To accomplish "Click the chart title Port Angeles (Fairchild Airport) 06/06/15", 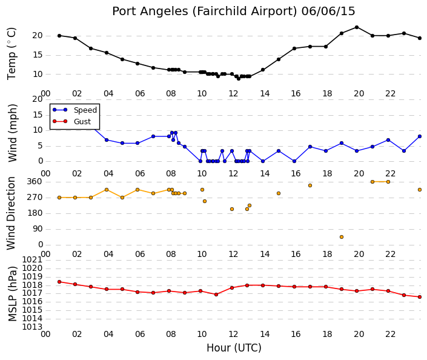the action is click(234, 12).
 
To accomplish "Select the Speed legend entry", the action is click(75, 110).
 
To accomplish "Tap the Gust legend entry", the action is click(71, 121).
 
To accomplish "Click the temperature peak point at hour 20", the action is click(357, 27).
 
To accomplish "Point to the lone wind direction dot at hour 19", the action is click(342, 237).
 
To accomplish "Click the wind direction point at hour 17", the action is click(310, 185).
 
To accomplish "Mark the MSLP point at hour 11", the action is click(216, 295).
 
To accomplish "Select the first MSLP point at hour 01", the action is click(59, 282).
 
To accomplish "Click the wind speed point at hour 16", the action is click(294, 161).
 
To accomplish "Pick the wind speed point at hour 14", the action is click(263, 161).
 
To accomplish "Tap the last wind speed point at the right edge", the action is click(420, 136).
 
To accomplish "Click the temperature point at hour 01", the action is click(59, 36).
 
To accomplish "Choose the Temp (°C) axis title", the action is click(12, 54).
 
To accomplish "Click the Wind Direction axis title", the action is click(11, 213).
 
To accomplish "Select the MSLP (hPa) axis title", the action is click(13, 293).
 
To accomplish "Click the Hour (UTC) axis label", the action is click(234, 348).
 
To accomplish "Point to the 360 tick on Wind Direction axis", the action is click(35, 181).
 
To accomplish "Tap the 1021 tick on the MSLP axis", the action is click(32, 259).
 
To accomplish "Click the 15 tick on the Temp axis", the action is click(38, 55).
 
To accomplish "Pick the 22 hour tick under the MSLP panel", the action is click(390, 334).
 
